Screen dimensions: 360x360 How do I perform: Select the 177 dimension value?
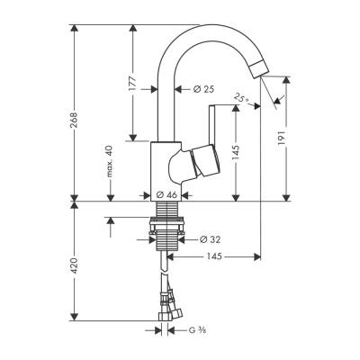tap(132, 85)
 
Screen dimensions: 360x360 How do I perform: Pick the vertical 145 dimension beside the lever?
tap(236, 153)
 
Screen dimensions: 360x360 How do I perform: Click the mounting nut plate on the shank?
tap(163, 239)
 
